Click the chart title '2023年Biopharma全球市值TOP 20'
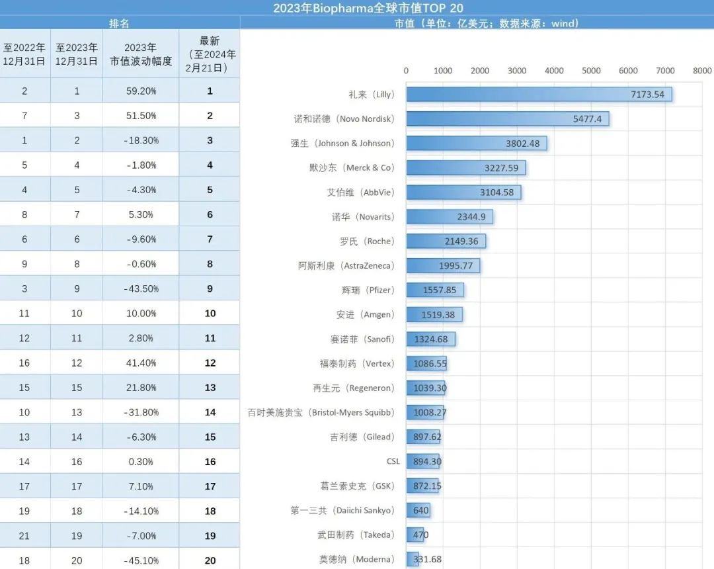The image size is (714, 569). [368, 8]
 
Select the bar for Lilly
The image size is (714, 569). [539, 95]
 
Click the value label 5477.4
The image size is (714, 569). [587, 119]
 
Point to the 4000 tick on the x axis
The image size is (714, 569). [554, 71]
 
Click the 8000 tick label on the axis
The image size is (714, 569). [702, 71]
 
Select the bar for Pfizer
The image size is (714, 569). [434, 290]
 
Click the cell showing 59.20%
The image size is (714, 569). [141, 91]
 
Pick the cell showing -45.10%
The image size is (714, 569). [141, 560]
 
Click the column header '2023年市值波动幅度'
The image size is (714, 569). [141, 54]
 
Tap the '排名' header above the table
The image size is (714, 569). [119, 23]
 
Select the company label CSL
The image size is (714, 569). [393, 462]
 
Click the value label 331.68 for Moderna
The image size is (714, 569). [427, 560]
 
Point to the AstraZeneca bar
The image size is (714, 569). [442, 266]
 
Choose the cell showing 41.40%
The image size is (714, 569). [141, 363]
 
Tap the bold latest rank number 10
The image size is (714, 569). [210, 314]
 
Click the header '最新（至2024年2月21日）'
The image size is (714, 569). [210, 54]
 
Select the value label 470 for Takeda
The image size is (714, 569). [420, 535]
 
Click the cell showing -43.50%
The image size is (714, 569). [141, 289]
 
